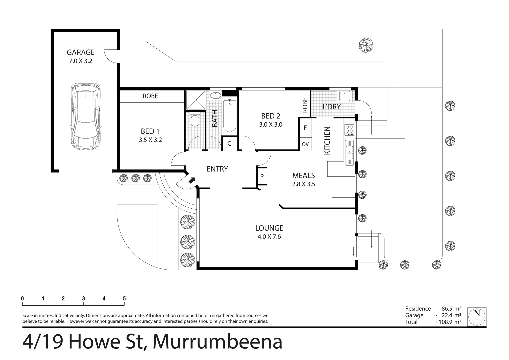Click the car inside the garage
pos(85,116)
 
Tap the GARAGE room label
pos(81,52)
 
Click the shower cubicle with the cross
pos(196,100)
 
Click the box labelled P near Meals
pos(262,176)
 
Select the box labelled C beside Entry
pos(229,144)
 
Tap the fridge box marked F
pos(305,128)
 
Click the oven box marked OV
pos(305,144)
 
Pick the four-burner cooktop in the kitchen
pos(349,129)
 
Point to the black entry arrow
pos(191,180)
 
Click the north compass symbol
pos(477,317)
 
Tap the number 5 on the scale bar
pos(124,299)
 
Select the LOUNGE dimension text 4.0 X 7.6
pos(269,237)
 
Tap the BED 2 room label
pos(270,116)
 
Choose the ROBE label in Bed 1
pos(150,96)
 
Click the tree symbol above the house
pos(366,45)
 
